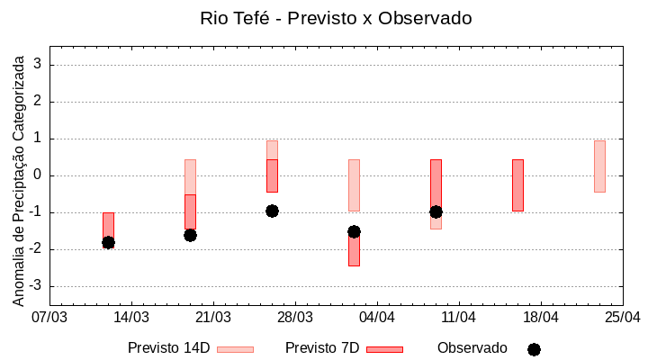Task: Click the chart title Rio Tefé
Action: (335, 18)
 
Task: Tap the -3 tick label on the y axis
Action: (36, 286)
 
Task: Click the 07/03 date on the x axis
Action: (49, 318)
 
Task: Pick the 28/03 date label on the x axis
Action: (295, 318)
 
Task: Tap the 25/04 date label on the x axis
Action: (623, 318)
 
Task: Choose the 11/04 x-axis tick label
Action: (459, 318)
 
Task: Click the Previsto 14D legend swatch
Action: (235, 349)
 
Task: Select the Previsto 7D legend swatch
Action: (384, 349)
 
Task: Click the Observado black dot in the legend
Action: (534, 349)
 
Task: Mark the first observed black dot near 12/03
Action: (108, 242)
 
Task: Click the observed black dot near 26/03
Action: (272, 211)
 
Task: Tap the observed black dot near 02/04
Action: (354, 231)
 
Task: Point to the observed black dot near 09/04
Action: (436, 211)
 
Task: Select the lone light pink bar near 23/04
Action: (599, 166)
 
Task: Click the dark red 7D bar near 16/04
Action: (517, 185)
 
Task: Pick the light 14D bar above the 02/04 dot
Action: (354, 184)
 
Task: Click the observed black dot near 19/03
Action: (190, 235)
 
